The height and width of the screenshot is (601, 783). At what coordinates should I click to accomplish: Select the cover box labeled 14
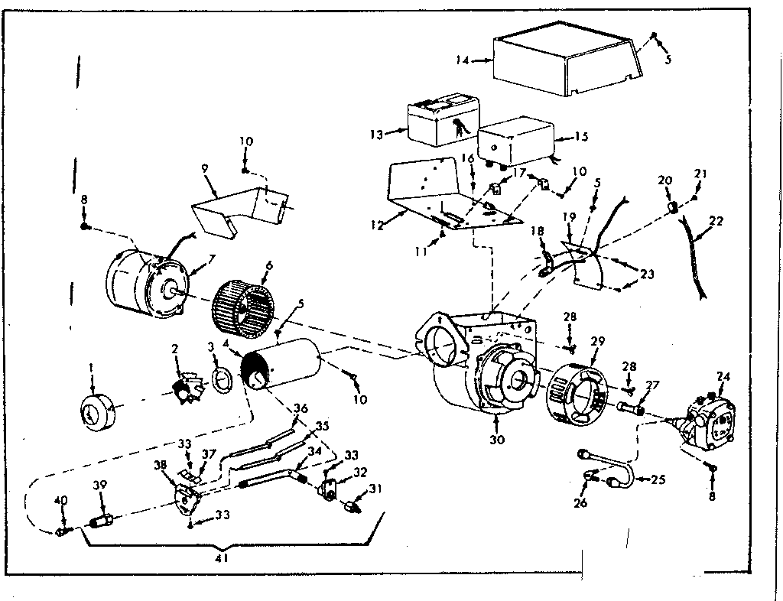pyautogui.click(x=564, y=66)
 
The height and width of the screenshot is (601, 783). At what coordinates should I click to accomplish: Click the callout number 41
pyautogui.click(x=222, y=558)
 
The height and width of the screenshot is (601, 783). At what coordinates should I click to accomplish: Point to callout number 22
pyautogui.click(x=716, y=220)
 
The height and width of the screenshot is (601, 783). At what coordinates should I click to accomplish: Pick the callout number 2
pyautogui.click(x=176, y=349)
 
